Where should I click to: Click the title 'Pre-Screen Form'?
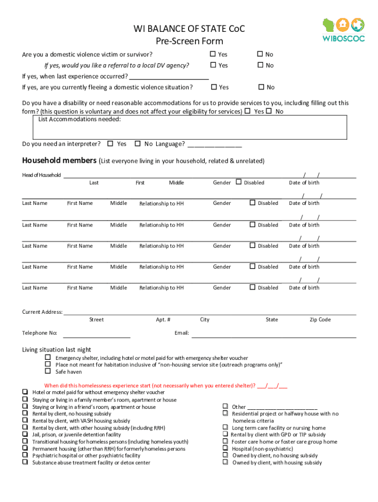(189, 41)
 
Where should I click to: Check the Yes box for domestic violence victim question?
(213, 54)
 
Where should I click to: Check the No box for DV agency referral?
(261, 65)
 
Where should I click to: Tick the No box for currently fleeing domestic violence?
(262, 87)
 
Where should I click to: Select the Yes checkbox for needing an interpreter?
(110, 144)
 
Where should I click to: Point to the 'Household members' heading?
(59, 161)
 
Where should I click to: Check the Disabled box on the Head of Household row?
(239, 182)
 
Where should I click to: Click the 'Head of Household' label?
(42, 175)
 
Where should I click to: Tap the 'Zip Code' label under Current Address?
(320, 320)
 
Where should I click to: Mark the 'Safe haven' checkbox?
(48, 371)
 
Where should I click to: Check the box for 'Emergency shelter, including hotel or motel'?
(48, 358)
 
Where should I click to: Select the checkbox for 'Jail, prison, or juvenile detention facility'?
(25, 434)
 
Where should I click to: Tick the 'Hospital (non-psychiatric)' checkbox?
(225, 448)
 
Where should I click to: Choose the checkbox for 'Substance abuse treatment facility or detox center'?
(25, 462)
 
